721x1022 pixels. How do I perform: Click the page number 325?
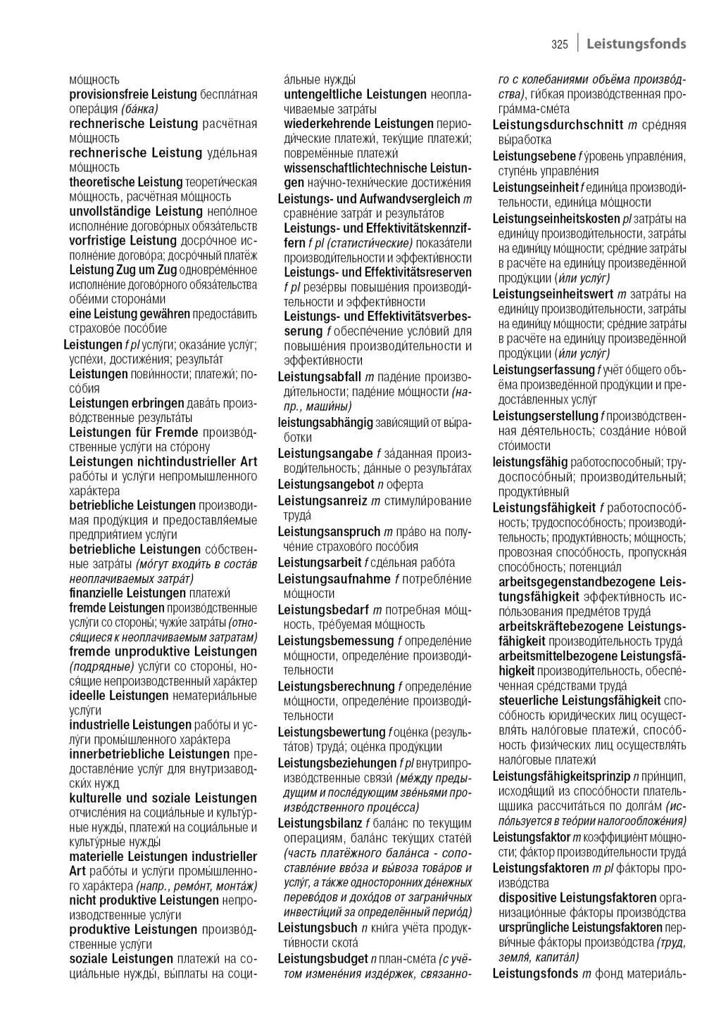pos(559,44)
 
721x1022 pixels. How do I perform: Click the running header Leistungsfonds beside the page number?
pos(636,44)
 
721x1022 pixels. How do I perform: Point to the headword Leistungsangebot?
pos(326,484)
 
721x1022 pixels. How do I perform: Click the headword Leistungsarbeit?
pos(320,562)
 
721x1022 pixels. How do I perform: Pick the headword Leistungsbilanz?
pos(320,823)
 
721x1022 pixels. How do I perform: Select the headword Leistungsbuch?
pos(318,928)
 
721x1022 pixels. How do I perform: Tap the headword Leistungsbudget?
pos(322,958)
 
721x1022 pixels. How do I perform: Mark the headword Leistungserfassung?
pos(543,370)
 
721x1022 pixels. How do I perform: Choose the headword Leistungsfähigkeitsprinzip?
pos(561,777)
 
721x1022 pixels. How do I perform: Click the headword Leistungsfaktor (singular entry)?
pos(531,837)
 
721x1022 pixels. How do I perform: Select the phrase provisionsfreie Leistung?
pos(132,94)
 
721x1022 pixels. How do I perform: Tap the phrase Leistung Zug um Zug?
pos(123,269)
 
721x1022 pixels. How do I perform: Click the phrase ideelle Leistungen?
pos(118,696)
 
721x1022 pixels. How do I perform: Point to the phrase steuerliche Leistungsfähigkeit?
pos(579,701)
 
